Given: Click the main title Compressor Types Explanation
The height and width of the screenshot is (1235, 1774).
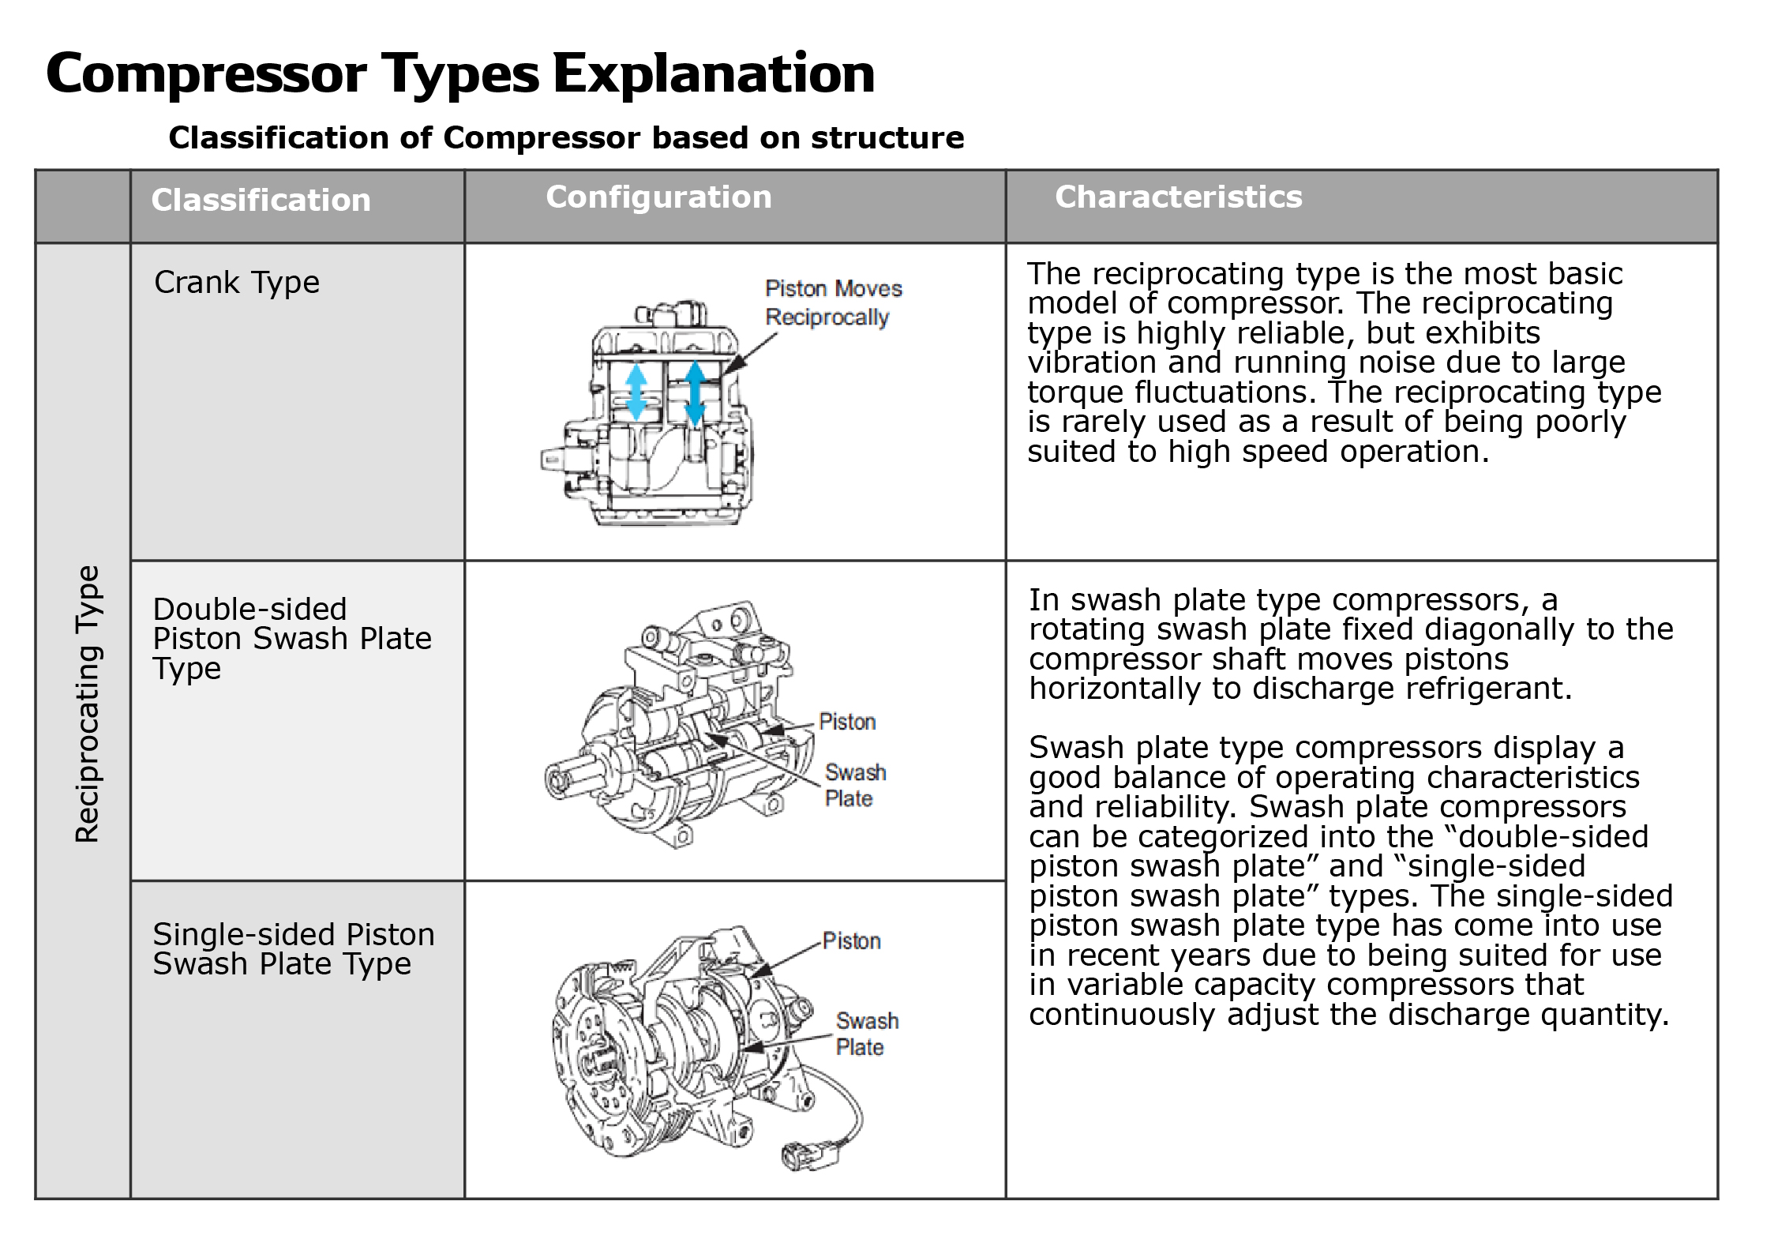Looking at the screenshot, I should [460, 73].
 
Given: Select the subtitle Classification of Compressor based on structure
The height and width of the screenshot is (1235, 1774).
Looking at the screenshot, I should [566, 138].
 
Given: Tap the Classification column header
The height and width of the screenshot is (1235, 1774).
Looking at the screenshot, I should [261, 200].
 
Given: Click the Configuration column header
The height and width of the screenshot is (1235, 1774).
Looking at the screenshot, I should [658, 197].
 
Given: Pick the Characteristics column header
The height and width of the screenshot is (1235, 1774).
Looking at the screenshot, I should [1178, 197].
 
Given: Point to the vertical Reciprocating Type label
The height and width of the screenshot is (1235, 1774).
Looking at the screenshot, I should [87, 703].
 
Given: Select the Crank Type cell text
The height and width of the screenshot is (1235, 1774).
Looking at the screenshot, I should [237, 283].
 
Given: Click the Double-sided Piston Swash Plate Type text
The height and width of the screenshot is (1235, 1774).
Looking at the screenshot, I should [291, 638].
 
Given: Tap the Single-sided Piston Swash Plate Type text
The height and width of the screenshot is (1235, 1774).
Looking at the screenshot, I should [293, 949].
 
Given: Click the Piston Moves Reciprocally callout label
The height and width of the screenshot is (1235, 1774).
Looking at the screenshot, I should [832, 302].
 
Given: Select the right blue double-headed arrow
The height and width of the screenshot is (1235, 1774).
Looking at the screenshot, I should [694, 393].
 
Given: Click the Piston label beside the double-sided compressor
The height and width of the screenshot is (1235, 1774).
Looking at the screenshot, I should [846, 722].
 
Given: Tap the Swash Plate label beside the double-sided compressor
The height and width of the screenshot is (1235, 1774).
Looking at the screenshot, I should [854, 785].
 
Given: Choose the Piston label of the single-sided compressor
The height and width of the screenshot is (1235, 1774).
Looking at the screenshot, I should [850, 940].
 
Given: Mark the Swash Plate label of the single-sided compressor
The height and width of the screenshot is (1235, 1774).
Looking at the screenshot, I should [866, 1034].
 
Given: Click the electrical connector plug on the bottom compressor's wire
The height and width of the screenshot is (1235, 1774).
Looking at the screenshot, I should [813, 1154].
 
